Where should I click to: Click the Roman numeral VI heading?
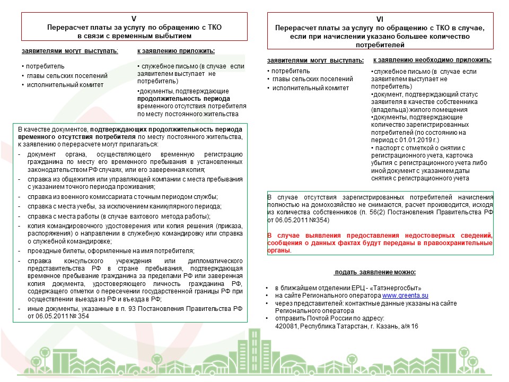pos(384,18)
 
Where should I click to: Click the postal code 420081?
pos(286,325)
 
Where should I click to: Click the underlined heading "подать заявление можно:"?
pos(376,272)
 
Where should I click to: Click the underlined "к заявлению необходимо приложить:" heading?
pos(432,60)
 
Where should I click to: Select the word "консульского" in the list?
pos(83,261)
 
